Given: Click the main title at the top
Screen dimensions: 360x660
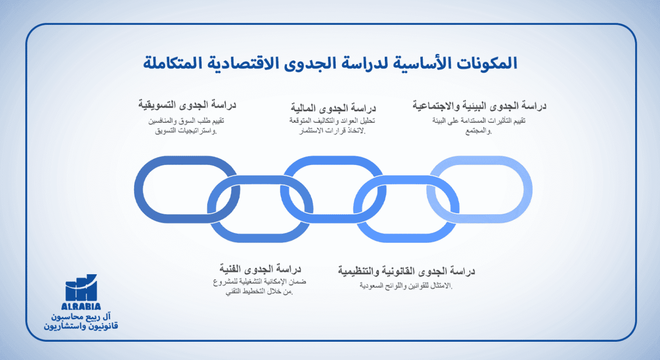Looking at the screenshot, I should pyautogui.click(x=330, y=63).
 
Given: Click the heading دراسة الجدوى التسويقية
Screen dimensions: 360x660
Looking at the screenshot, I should pyautogui.click(x=188, y=105).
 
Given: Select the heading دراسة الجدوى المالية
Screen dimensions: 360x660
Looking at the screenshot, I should pyautogui.click(x=333, y=108).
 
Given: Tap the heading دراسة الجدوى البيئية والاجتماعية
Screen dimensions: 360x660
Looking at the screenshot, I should pyautogui.click(x=479, y=106).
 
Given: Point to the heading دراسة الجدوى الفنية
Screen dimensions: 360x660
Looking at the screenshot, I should pyautogui.click(x=260, y=268).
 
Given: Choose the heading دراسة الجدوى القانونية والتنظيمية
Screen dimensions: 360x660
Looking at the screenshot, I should pyautogui.click(x=407, y=271).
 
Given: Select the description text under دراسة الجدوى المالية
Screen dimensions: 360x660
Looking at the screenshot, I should pyautogui.click(x=332, y=126).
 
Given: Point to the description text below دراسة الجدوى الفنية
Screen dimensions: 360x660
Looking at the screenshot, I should pyautogui.click(x=259, y=287).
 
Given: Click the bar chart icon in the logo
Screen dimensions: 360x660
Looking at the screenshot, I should pyautogui.click(x=81, y=288).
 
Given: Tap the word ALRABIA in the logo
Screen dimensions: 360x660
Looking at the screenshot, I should pyautogui.click(x=81, y=306).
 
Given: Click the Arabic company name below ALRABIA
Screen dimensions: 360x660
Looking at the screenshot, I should pyautogui.click(x=81, y=321).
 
